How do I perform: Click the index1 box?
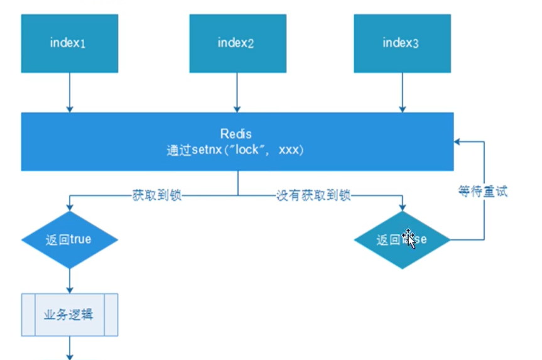[x=70, y=43]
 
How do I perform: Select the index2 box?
[x=236, y=43]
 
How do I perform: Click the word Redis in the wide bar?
[x=236, y=134]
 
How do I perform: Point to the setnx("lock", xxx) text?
[x=236, y=151]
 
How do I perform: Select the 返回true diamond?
[x=70, y=240]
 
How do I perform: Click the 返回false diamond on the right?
[x=402, y=240]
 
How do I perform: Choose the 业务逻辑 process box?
[x=70, y=314]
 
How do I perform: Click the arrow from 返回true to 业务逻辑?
[x=70, y=280]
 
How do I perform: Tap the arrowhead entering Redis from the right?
[x=458, y=141]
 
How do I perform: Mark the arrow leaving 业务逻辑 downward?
[x=70, y=347]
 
